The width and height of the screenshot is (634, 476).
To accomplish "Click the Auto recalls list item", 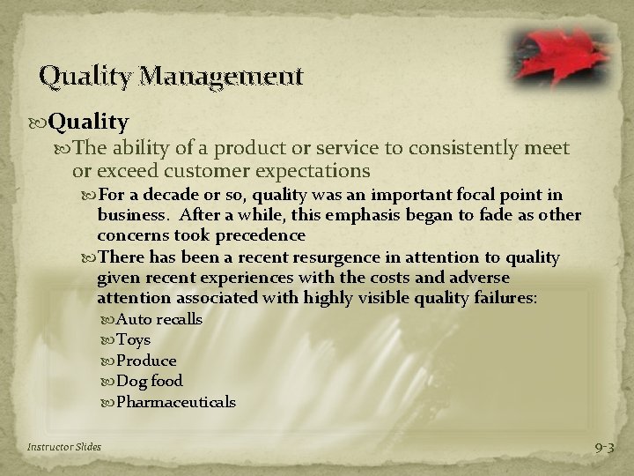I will point(159,319).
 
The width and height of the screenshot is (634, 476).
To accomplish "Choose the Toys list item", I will point(133,339).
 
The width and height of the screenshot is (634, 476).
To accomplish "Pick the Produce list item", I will point(146,361).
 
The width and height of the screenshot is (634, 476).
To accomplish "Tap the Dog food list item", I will point(150,381).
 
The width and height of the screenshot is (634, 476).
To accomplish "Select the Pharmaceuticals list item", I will point(176,402).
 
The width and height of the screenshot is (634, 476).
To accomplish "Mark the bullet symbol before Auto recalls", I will point(108,319).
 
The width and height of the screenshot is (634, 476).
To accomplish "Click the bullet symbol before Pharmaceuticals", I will point(108,402).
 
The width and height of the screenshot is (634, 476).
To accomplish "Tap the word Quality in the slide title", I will point(78,76).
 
